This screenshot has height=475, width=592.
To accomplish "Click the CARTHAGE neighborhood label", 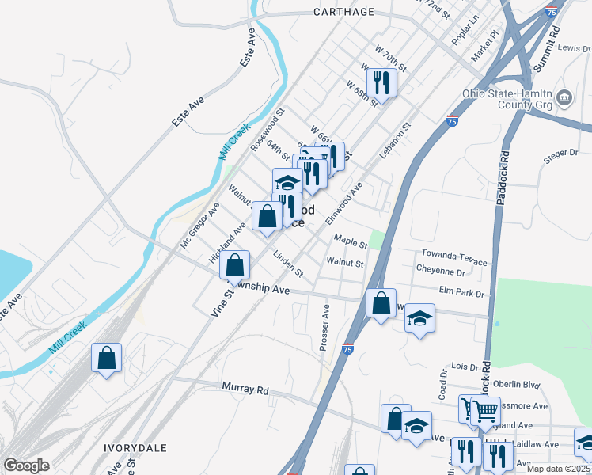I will tap(343, 12).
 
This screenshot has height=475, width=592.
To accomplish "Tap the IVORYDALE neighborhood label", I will tap(135, 447).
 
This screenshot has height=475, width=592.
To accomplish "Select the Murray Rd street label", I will tap(245, 389).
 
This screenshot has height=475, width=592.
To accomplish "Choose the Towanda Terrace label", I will tap(453, 256).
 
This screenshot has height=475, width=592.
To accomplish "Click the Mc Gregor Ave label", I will tap(199, 225).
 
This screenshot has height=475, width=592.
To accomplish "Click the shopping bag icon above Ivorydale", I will tap(107, 358).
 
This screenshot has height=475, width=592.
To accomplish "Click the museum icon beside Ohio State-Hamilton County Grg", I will tap(565, 98).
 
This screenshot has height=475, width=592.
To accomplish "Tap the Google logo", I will tap(26, 465).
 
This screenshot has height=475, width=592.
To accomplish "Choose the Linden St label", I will tap(288, 264).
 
